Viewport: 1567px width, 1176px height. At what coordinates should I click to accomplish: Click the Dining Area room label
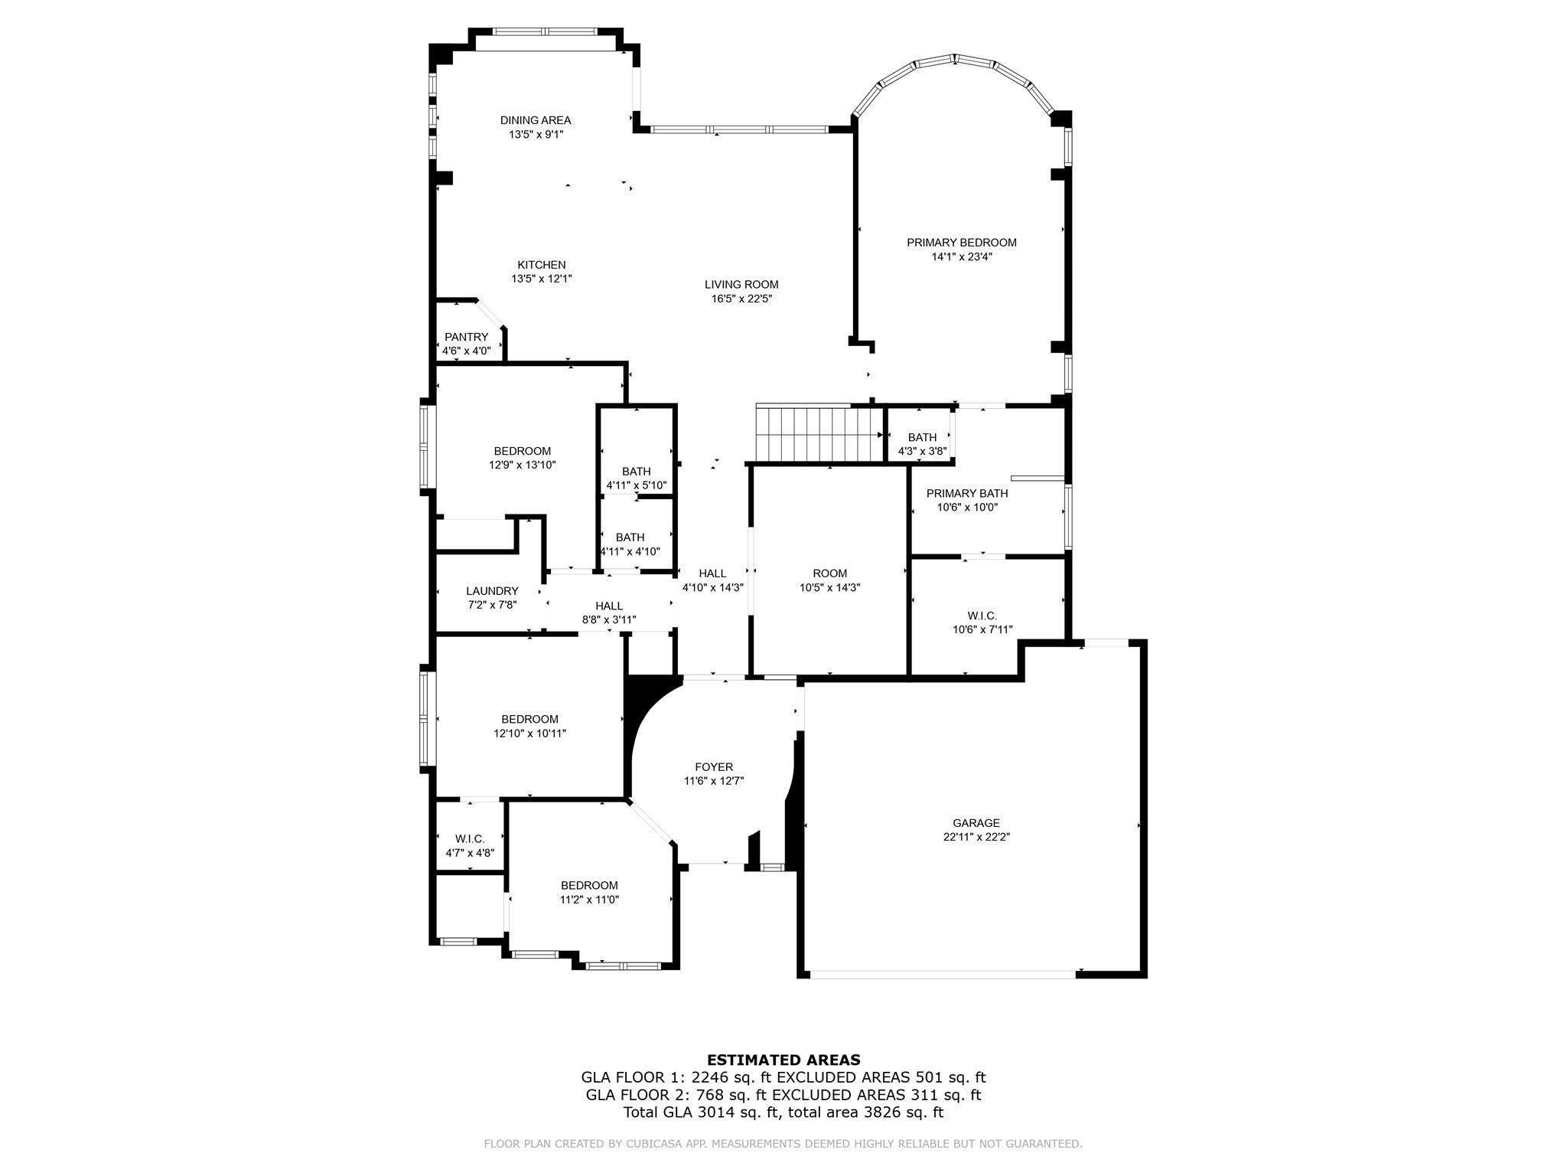coord(536,120)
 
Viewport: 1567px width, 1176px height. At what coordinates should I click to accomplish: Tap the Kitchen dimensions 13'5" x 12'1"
coord(542,279)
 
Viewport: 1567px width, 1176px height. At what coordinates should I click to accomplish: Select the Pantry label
coord(466,337)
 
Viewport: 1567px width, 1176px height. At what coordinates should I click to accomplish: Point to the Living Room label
coord(741,285)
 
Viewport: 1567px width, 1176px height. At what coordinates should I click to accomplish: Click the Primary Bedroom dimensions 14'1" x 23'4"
coord(962,257)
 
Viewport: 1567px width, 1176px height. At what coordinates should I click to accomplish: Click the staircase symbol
coord(819,433)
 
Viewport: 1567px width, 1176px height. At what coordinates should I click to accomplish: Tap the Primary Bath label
coord(967,493)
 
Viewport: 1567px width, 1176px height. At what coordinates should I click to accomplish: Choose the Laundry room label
coord(492,591)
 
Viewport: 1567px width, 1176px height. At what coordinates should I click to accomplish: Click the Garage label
coord(976,823)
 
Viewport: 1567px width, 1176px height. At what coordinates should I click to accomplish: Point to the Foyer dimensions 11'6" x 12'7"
coord(714,782)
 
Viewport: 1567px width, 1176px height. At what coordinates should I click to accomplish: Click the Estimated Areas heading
coord(783,1060)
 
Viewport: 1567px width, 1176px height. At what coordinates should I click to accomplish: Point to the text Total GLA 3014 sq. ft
coord(701,1112)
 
